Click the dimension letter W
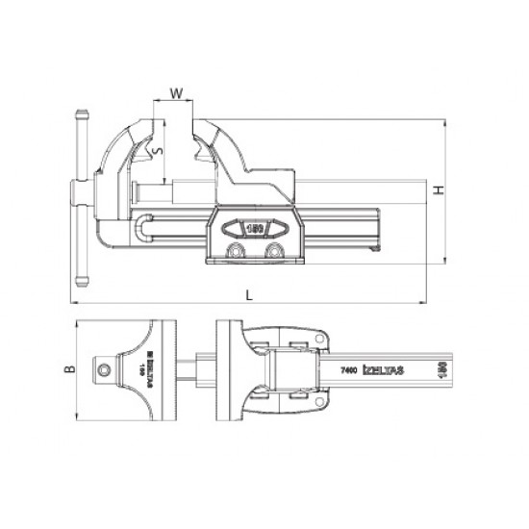[175, 93]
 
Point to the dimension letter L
[249, 295]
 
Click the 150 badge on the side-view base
[255, 231]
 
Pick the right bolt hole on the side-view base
[276, 252]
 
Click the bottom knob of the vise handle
[80, 278]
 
